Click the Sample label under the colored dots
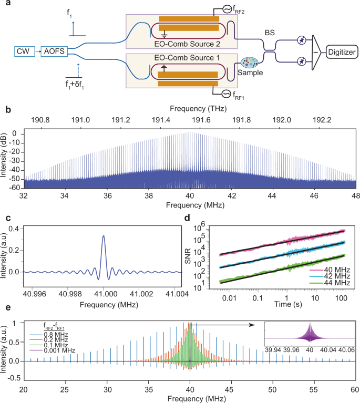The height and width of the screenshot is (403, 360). pos(251,73)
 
